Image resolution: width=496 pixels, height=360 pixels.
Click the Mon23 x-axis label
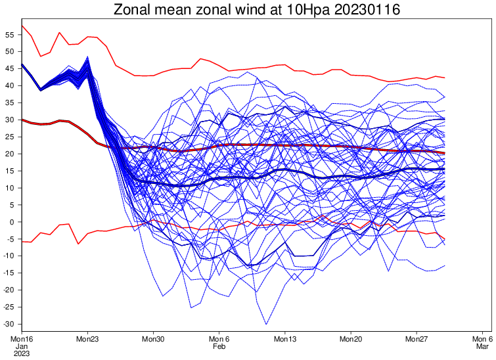click(x=87, y=339)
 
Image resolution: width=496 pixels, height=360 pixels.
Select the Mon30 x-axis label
click(x=153, y=339)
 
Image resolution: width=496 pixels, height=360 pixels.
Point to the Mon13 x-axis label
click(x=285, y=339)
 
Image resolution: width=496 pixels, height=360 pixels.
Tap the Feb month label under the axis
click(x=219, y=346)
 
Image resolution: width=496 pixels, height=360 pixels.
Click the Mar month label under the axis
click(x=482, y=346)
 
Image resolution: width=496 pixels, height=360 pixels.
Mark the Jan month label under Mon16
click(x=21, y=346)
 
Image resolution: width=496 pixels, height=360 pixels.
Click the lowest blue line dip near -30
click(x=266, y=323)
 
